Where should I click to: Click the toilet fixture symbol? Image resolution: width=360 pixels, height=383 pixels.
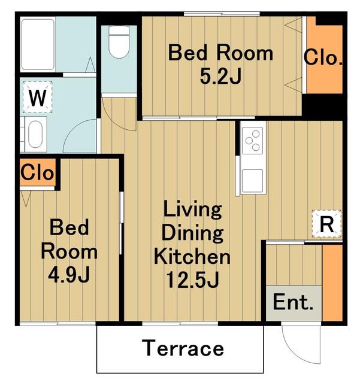click(119, 42)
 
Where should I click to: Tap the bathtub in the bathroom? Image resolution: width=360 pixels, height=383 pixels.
click(38, 44)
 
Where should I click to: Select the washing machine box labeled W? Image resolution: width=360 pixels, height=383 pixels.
click(37, 97)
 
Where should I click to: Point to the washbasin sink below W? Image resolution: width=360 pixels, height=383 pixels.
click(36, 134)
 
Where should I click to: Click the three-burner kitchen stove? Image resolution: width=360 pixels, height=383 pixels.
click(252, 141)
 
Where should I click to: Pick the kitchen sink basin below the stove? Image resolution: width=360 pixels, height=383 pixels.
click(252, 181)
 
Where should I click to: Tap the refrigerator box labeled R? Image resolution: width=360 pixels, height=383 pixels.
click(326, 224)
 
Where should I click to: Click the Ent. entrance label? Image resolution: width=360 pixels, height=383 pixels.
click(293, 302)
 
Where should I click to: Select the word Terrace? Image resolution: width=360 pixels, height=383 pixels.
click(183, 348)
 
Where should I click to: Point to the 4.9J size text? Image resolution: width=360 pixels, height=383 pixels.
click(69, 275)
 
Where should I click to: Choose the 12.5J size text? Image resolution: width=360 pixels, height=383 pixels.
click(192, 280)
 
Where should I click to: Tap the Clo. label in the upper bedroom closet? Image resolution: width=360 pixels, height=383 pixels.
click(323, 57)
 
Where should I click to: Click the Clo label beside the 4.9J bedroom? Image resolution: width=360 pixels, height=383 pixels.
click(37, 172)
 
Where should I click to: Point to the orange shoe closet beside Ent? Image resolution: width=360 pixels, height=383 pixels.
click(332, 282)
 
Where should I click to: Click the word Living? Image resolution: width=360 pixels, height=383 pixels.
click(192, 209)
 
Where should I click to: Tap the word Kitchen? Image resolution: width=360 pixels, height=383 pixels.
click(192, 257)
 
